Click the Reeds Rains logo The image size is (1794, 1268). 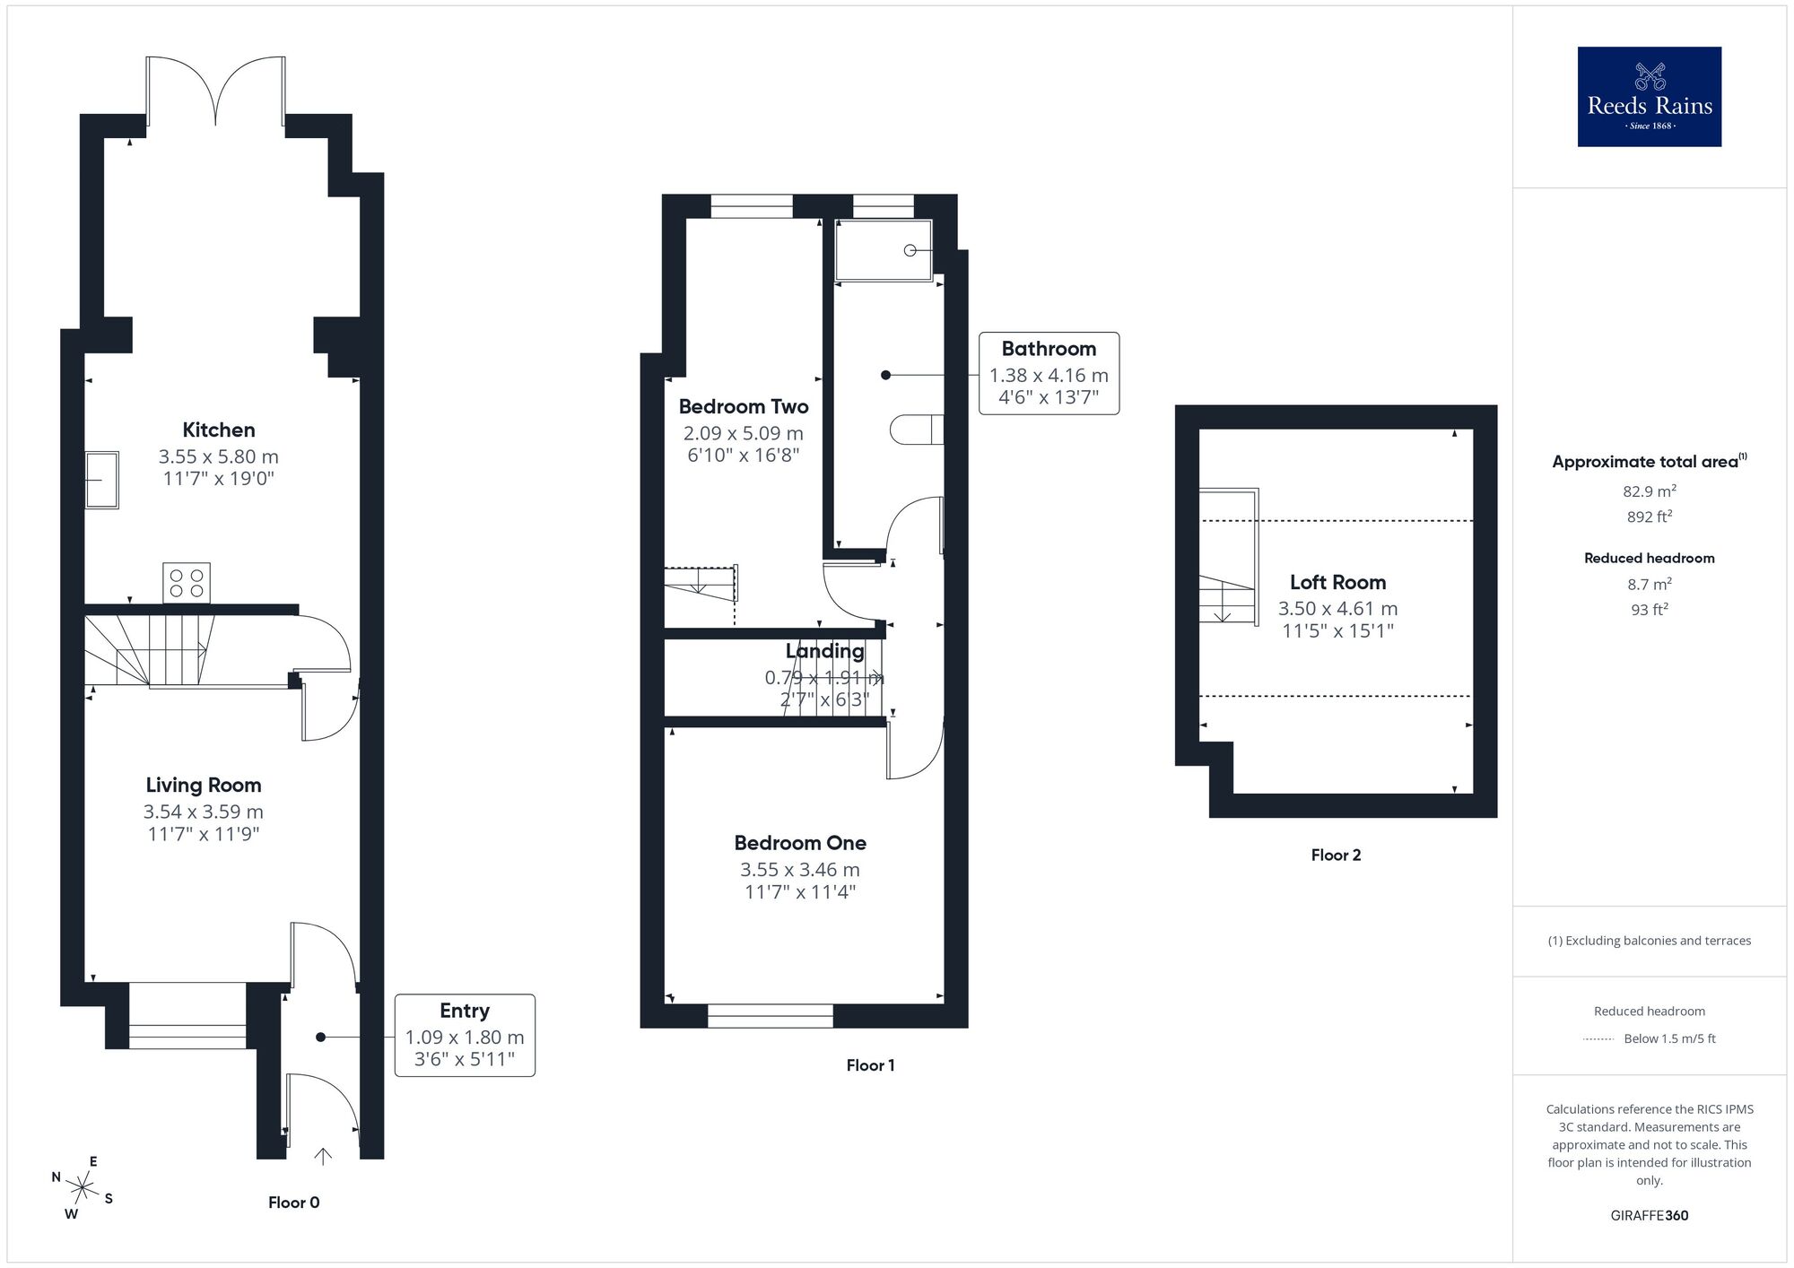click(x=1649, y=97)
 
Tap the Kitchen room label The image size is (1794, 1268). click(x=219, y=430)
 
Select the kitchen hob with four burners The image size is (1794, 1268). click(x=187, y=582)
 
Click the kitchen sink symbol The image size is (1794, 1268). click(x=102, y=480)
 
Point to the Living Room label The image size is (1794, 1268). click(x=204, y=786)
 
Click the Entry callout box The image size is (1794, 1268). click(x=465, y=1035)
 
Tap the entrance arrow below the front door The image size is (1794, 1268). click(x=323, y=1157)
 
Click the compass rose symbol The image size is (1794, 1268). click(x=83, y=1190)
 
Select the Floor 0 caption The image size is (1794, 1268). click(x=293, y=1203)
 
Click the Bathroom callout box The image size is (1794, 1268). click(x=1049, y=373)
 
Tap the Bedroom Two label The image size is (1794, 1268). click(x=744, y=407)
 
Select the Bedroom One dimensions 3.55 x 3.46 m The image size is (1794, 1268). click(x=800, y=870)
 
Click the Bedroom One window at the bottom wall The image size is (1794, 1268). click(x=770, y=1015)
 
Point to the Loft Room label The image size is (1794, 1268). click(x=1337, y=583)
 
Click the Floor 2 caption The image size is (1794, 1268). click(x=1336, y=855)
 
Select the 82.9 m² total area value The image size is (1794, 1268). click(x=1649, y=491)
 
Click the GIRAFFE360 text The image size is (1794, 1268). click(x=1649, y=1216)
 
